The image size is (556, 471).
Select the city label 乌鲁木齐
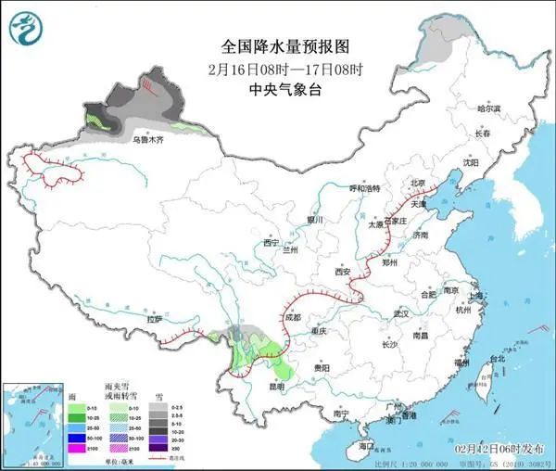tap(146, 139)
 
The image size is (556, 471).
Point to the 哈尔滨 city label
tap(487, 108)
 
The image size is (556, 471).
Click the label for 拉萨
tap(154, 319)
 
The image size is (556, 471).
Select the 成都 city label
tap(294, 317)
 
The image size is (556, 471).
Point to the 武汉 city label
tap(400, 313)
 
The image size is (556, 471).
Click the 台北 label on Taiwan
tap(497, 358)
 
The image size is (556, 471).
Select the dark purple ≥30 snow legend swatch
tap(158, 448)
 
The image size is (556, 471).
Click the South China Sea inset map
tap(32, 422)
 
